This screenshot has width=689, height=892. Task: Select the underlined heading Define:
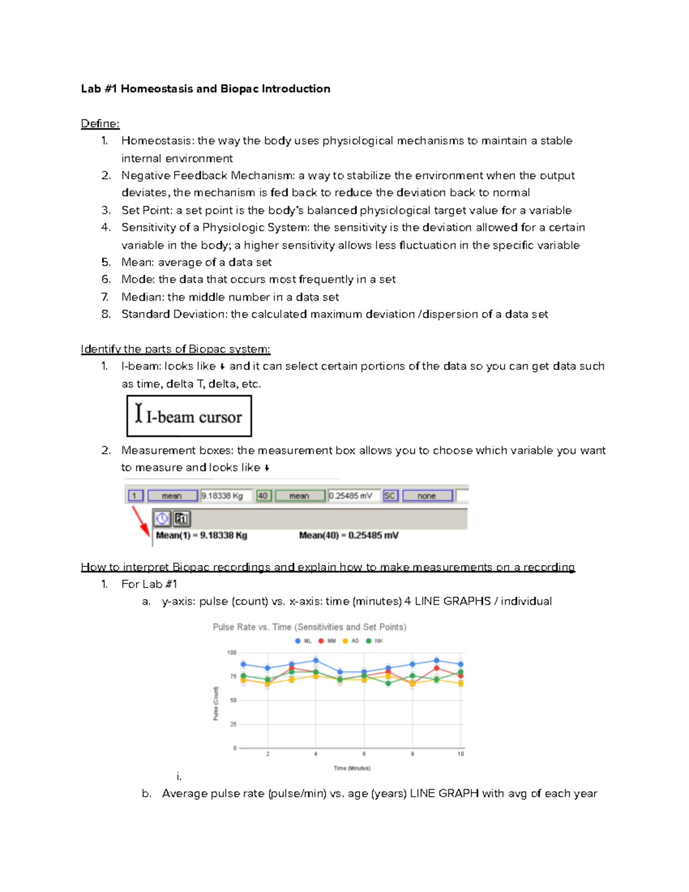(x=100, y=123)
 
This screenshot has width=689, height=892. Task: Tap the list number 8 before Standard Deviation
(x=106, y=314)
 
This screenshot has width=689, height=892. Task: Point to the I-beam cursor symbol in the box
(x=138, y=413)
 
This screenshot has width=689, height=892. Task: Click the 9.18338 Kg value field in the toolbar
(x=225, y=496)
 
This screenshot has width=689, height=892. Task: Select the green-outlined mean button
(x=299, y=496)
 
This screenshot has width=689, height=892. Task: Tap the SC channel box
(x=390, y=496)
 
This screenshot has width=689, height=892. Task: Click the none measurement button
(x=427, y=496)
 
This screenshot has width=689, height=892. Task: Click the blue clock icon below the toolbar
(x=162, y=519)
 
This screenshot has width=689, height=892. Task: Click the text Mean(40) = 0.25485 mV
(x=349, y=535)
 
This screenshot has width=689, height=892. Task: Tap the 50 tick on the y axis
(x=233, y=700)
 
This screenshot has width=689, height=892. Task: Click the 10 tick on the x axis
(x=460, y=754)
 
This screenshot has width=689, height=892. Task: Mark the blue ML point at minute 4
(x=316, y=661)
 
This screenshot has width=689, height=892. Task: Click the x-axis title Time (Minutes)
(x=352, y=768)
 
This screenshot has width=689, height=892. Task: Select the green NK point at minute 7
(x=388, y=684)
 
